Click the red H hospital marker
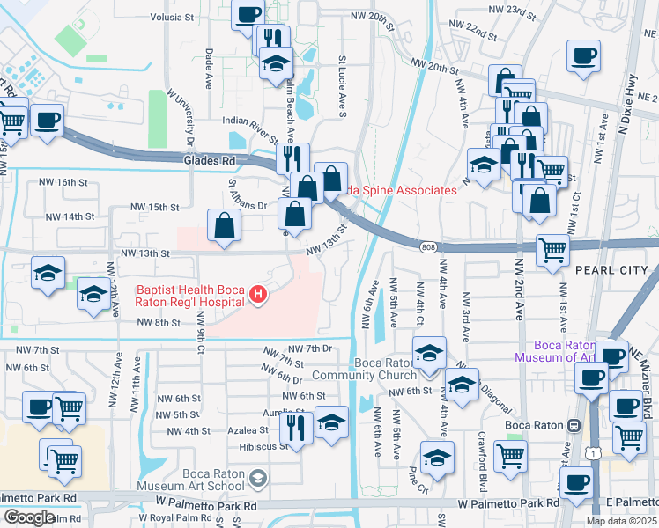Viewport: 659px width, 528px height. pos(258,293)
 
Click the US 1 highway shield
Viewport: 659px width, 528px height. pos(596,452)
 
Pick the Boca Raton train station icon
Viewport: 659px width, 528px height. pos(574,424)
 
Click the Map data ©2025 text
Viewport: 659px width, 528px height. pos(621,521)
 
